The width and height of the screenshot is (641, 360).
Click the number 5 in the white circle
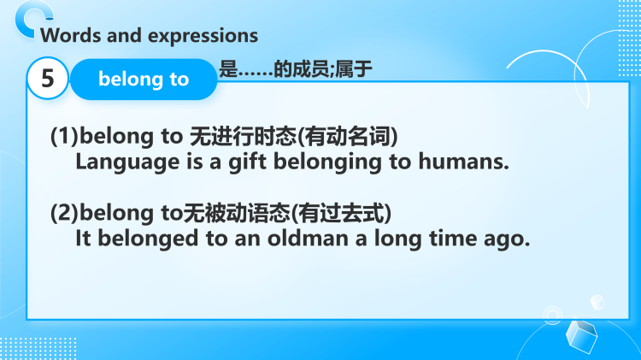[x=48, y=80]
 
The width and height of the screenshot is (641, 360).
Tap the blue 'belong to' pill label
[x=144, y=80]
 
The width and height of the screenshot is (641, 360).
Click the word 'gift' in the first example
[x=232, y=161]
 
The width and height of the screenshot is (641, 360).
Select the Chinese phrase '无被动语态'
[x=226, y=214]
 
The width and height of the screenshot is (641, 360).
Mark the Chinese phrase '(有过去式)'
[x=332, y=214]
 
